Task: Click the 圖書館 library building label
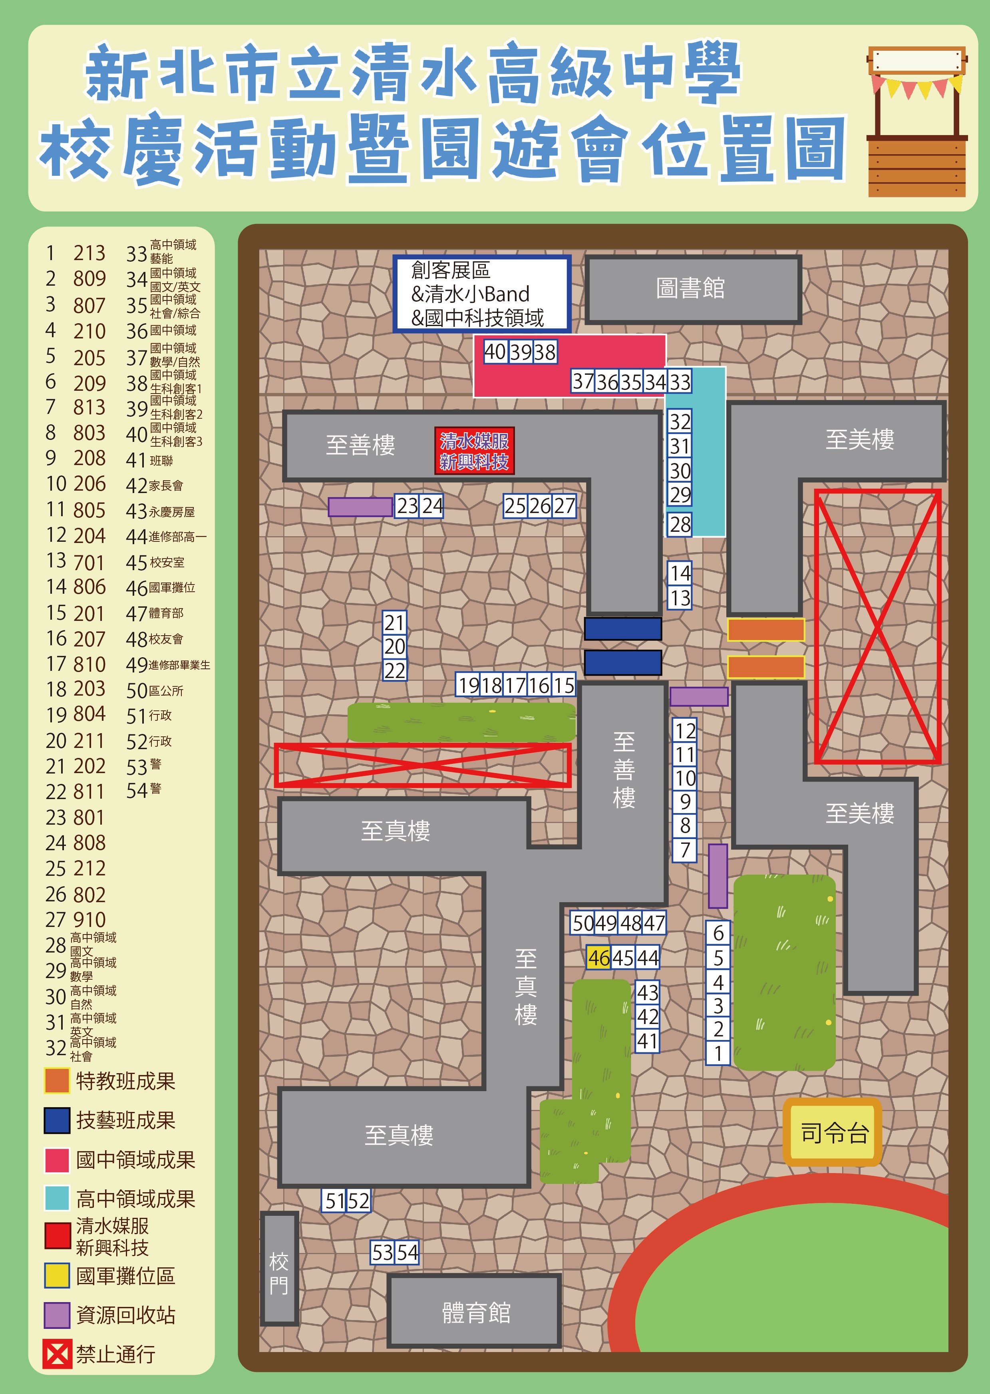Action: point(691,288)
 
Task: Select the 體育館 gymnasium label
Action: point(475,1312)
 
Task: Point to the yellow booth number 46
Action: point(598,958)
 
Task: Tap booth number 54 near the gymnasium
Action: point(407,1253)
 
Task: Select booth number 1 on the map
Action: point(718,1053)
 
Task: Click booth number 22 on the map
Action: point(394,670)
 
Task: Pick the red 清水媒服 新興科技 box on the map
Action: point(474,451)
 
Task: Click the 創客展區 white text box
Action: point(481,294)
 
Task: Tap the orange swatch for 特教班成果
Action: point(57,1081)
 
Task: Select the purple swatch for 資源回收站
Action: point(57,1315)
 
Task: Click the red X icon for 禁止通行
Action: point(57,1354)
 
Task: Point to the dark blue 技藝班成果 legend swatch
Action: point(57,1120)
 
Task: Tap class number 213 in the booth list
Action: point(89,253)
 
